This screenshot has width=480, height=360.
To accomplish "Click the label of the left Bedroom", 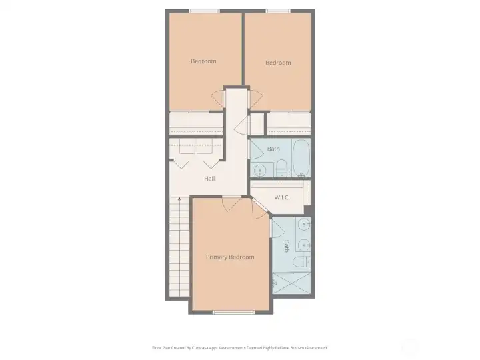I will tap(203, 61).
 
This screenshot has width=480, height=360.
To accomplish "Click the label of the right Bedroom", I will tap(278, 63).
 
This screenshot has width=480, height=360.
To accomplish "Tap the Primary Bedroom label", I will tap(229, 257).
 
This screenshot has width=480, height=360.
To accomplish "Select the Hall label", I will tap(209, 179).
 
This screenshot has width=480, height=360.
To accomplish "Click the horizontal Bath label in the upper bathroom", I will tap(273, 148).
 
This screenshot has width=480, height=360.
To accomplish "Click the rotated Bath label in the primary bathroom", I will tap(287, 246).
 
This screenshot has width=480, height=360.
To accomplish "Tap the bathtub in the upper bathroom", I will tap(301, 158).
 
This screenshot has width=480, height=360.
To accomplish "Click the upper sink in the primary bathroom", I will tap(304, 224).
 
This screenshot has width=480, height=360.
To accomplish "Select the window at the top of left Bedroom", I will tap(204, 11).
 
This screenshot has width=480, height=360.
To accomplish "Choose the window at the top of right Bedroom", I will tap(278, 11).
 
